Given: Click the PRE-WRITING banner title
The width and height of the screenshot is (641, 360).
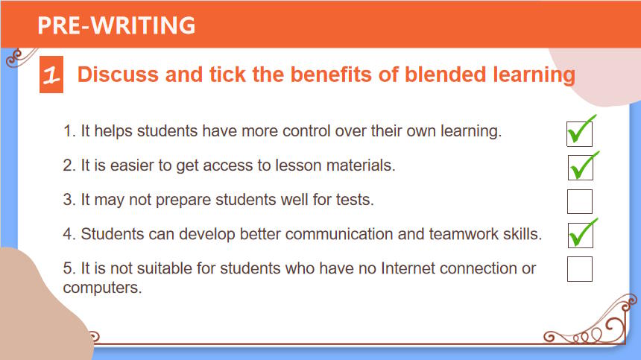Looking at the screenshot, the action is pos(116,25).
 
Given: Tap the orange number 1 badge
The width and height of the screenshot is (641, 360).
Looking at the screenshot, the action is pos(51,75).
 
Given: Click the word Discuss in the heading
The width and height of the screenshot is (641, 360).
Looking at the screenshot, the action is pos(118,75).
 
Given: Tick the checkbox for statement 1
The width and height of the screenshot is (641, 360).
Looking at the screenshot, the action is pos(579,133).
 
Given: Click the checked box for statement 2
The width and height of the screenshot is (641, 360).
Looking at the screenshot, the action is pos(580,168).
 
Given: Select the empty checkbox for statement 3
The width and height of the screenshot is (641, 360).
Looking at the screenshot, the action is pos(580,201).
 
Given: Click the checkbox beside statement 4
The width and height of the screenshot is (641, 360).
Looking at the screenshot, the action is pos(580,236).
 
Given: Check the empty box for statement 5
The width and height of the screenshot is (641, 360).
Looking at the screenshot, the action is pos(580,269).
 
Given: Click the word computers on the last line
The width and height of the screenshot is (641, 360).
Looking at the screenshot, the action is pos(102,288).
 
